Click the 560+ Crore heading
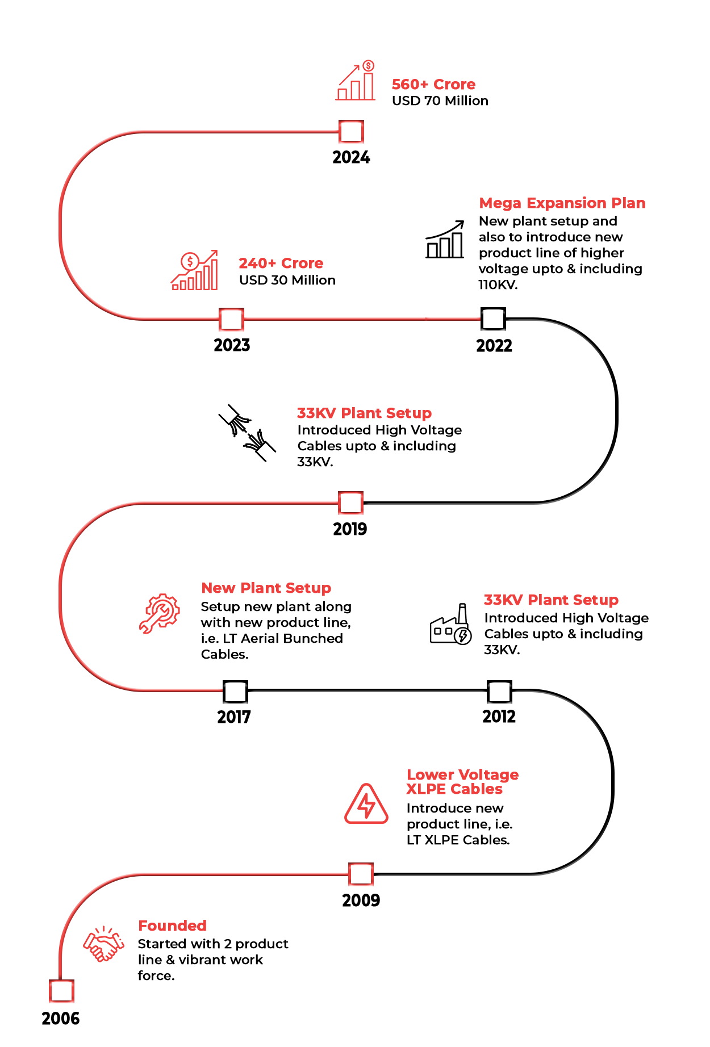[433, 84]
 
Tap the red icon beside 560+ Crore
[355, 80]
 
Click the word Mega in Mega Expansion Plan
[500, 203]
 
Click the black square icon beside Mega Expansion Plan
[445, 239]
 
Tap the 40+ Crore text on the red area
[282, 263]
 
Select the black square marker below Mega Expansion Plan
[493, 319]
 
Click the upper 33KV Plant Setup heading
[364, 413]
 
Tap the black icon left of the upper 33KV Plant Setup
[245, 433]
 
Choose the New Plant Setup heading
[269, 588]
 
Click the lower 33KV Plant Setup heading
[551, 600]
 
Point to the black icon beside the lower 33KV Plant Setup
[451, 623]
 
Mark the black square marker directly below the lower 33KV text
[500, 692]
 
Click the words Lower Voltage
[463, 775]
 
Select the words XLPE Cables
[454, 789]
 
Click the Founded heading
[171, 926]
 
